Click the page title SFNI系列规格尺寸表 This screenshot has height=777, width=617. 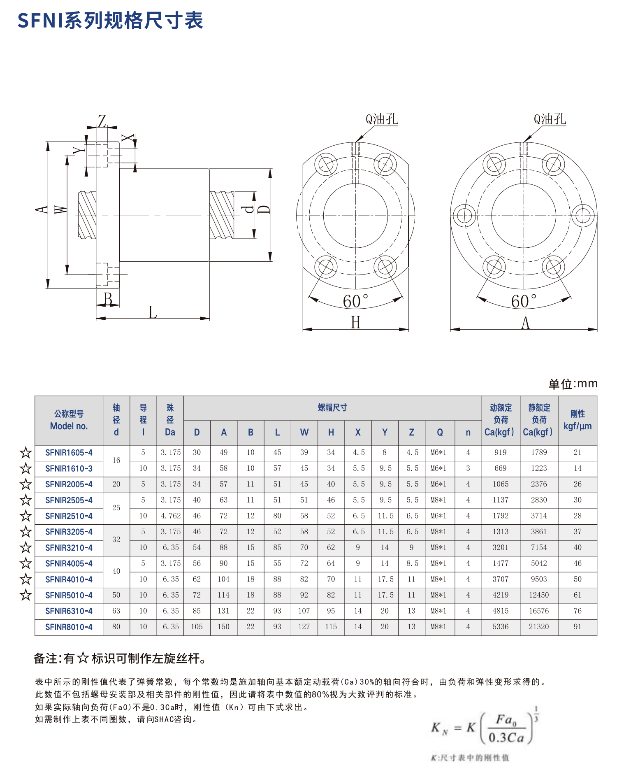point(110,21)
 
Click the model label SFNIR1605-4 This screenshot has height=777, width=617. point(69,453)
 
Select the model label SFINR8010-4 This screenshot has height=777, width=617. point(69,627)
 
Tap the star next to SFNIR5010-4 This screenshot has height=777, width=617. point(26,595)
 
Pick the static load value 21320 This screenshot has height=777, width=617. point(539,627)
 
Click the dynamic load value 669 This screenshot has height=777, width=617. point(500,468)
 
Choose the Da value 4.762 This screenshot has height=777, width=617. point(170,516)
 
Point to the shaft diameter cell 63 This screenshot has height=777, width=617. point(116,611)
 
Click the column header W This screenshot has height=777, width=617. point(304,433)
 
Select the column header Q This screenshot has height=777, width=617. point(440,433)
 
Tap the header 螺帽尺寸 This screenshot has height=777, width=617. point(332,408)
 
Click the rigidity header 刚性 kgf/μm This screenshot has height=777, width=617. point(578,420)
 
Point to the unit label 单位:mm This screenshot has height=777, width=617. point(573,384)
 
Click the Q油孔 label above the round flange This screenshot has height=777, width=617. point(550,119)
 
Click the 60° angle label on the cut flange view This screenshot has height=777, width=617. point(355,302)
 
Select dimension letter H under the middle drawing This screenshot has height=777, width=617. point(355,323)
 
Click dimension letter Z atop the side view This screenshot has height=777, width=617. point(102,121)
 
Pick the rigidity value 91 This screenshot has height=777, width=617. point(578,627)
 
